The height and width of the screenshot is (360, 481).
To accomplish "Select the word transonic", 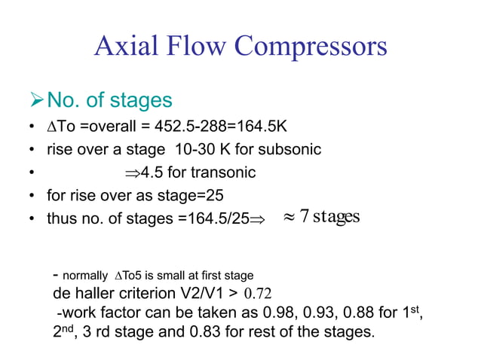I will pyautogui.click(x=222, y=172).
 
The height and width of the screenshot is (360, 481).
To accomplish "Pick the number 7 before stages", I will pyautogui.click(x=304, y=217).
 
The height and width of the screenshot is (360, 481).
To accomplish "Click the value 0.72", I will pyautogui.click(x=258, y=294).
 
